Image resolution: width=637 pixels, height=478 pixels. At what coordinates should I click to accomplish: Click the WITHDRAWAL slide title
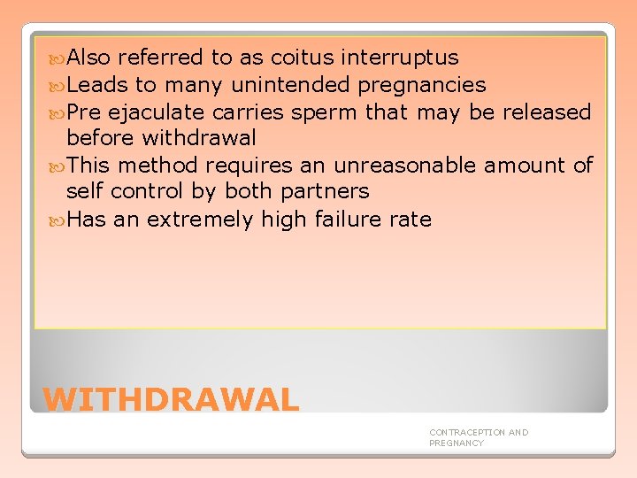pyautogui.click(x=171, y=399)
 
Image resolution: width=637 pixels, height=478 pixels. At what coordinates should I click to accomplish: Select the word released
pyautogui.click(x=547, y=112)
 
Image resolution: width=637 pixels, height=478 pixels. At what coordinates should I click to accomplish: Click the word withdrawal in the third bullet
pyautogui.click(x=199, y=138)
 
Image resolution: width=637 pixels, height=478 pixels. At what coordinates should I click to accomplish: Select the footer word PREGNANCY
pyautogui.click(x=457, y=443)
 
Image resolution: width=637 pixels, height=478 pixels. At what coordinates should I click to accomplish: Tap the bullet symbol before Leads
pyautogui.click(x=58, y=86)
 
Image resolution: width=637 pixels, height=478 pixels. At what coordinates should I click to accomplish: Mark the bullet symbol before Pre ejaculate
pyautogui.click(x=58, y=112)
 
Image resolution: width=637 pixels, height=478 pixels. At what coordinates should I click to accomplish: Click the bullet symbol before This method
pyautogui.click(x=58, y=166)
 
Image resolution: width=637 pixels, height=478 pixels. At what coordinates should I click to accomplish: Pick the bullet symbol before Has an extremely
pyautogui.click(x=58, y=219)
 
